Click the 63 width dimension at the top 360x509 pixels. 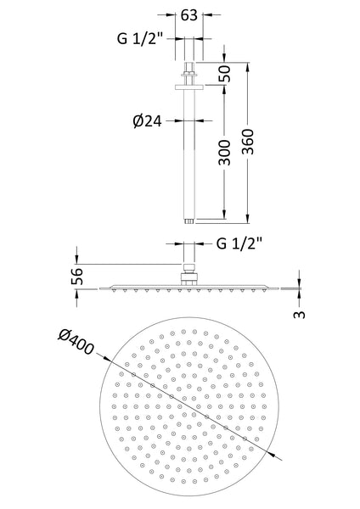[x=189, y=14]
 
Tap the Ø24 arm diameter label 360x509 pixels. [x=149, y=120]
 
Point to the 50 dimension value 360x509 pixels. [x=226, y=73]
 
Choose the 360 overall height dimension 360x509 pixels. [x=250, y=142]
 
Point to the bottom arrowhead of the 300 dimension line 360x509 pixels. [x=226, y=218]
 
